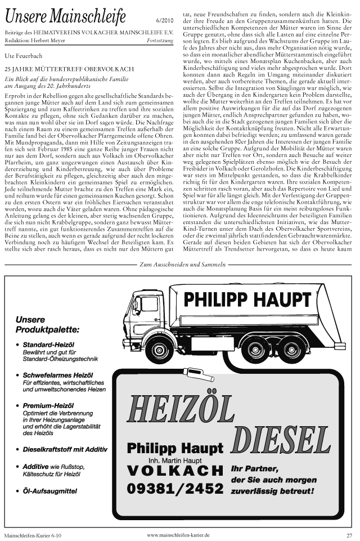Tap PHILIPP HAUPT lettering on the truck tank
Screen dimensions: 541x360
247,299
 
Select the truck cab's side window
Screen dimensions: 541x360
150,305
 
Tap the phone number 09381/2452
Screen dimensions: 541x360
175,488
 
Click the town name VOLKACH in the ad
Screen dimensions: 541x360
175,471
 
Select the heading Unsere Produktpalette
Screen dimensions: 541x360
47,324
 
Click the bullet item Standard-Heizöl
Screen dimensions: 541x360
49,345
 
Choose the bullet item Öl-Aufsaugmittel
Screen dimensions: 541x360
49,491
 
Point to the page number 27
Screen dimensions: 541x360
349,535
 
